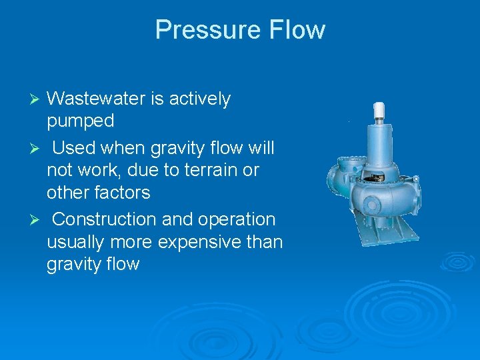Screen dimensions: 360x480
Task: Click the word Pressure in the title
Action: tap(207, 30)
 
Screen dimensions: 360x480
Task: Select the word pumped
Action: tap(81, 121)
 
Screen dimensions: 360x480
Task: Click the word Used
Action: tap(73, 147)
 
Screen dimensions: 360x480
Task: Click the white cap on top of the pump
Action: tap(380, 110)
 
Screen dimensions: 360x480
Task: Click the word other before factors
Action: tap(71, 193)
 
